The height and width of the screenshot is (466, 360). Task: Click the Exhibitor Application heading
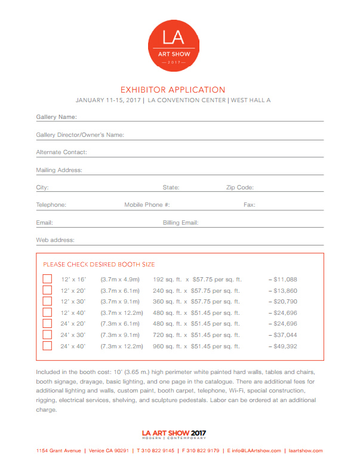point(173,90)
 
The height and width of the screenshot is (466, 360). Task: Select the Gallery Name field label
point(56,117)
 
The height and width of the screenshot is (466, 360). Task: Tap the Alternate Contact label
point(61,152)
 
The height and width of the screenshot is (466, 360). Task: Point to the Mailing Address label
point(59,170)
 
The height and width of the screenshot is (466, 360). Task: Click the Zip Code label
point(240,188)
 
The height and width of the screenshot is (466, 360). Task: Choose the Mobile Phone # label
point(147,205)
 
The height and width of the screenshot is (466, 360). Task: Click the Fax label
point(250,205)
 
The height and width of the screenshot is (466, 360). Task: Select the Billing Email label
point(180,223)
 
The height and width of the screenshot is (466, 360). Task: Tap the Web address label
point(55,240)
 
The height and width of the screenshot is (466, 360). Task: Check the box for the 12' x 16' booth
point(48,280)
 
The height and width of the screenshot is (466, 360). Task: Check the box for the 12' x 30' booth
point(48,302)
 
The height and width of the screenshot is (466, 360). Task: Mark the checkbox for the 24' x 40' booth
point(48,346)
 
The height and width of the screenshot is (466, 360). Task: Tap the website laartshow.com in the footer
point(305,450)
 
